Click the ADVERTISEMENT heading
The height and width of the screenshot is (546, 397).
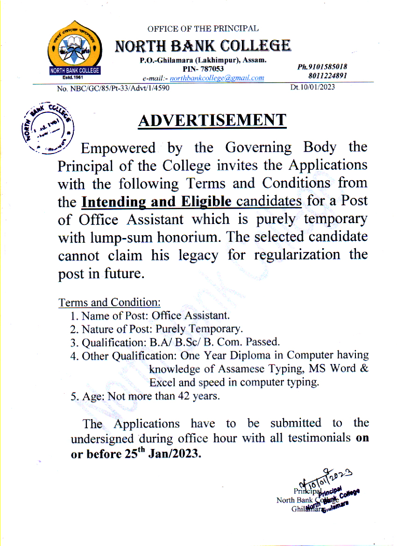212,120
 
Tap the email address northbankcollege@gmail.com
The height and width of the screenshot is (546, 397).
217,78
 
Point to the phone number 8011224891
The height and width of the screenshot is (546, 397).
328,76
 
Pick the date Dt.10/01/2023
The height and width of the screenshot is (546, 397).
312,87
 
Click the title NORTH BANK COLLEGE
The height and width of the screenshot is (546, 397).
203,46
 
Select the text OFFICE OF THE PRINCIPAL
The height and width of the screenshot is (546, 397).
203,29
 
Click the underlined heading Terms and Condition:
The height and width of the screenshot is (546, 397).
109,302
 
